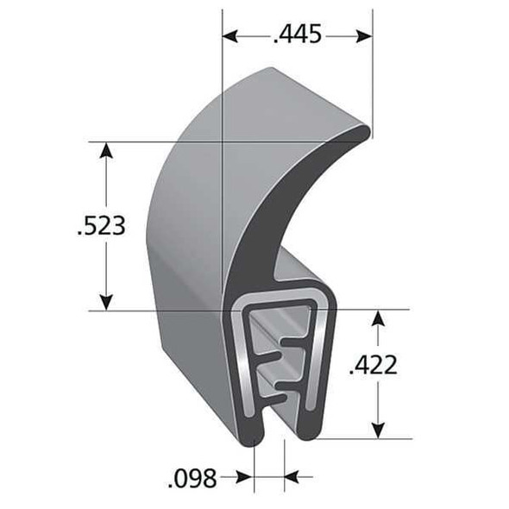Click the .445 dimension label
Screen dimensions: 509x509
pos(297,35)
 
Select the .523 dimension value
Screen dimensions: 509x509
pos(102,226)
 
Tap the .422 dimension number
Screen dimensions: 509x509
pos(374,366)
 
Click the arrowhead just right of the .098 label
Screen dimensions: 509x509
pos(248,475)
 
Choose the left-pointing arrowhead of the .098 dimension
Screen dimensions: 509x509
pos(291,475)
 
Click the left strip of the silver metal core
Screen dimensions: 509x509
pos(244,362)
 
